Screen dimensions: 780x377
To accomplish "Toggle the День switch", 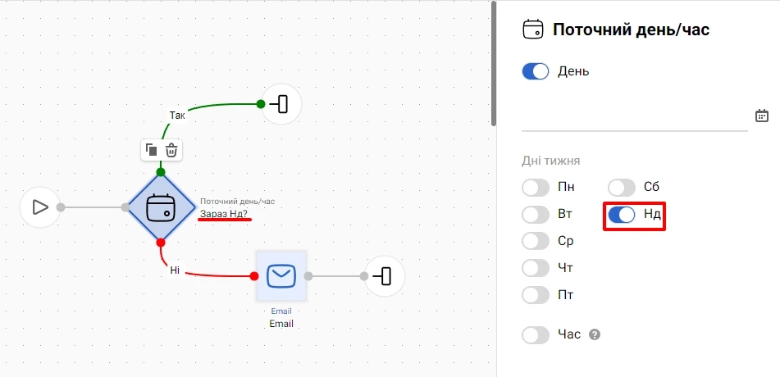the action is pyautogui.click(x=536, y=71).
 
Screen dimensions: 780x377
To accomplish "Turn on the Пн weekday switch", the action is pyautogui.click(x=536, y=188).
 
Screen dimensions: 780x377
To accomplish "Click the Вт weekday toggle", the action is pyautogui.click(x=536, y=215).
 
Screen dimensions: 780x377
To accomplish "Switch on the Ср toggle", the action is pyautogui.click(x=536, y=242).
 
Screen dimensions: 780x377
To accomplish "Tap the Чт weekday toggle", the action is pyautogui.click(x=536, y=269).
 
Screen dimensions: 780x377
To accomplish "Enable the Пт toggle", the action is pyautogui.click(x=536, y=295).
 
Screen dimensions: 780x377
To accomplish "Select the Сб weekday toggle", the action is pyautogui.click(x=622, y=188).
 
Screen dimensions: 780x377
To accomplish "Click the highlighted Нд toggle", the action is pyautogui.click(x=622, y=215).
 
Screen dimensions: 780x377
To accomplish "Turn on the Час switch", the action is pyautogui.click(x=536, y=334).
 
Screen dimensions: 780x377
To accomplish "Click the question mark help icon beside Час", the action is pyautogui.click(x=595, y=334).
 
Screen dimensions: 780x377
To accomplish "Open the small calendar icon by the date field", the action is pyautogui.click(x=762, y=116).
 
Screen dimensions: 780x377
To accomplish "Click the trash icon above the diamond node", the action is pyautogui.click(x=171, y=150).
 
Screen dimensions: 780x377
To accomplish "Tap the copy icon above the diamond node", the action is pyautogui.click(x=151, y=150).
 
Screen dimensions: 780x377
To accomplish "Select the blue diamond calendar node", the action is pyautogui.click(x=162, y=207).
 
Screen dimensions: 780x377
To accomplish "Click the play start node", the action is pyautogui.click(x=40, y=207).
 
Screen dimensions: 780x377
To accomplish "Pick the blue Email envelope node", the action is pyautogui.click(x=281, y=276).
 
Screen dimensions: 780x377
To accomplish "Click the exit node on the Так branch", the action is pyautogui.click(x=281, y=104).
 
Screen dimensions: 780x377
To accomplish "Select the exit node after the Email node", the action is pyautogui.click(x=385, y=276).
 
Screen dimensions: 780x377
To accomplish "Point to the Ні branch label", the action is pyautogui.click(x=175, y=270).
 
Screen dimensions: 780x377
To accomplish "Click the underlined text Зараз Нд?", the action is pyautogui.click(x=226, y=215).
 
